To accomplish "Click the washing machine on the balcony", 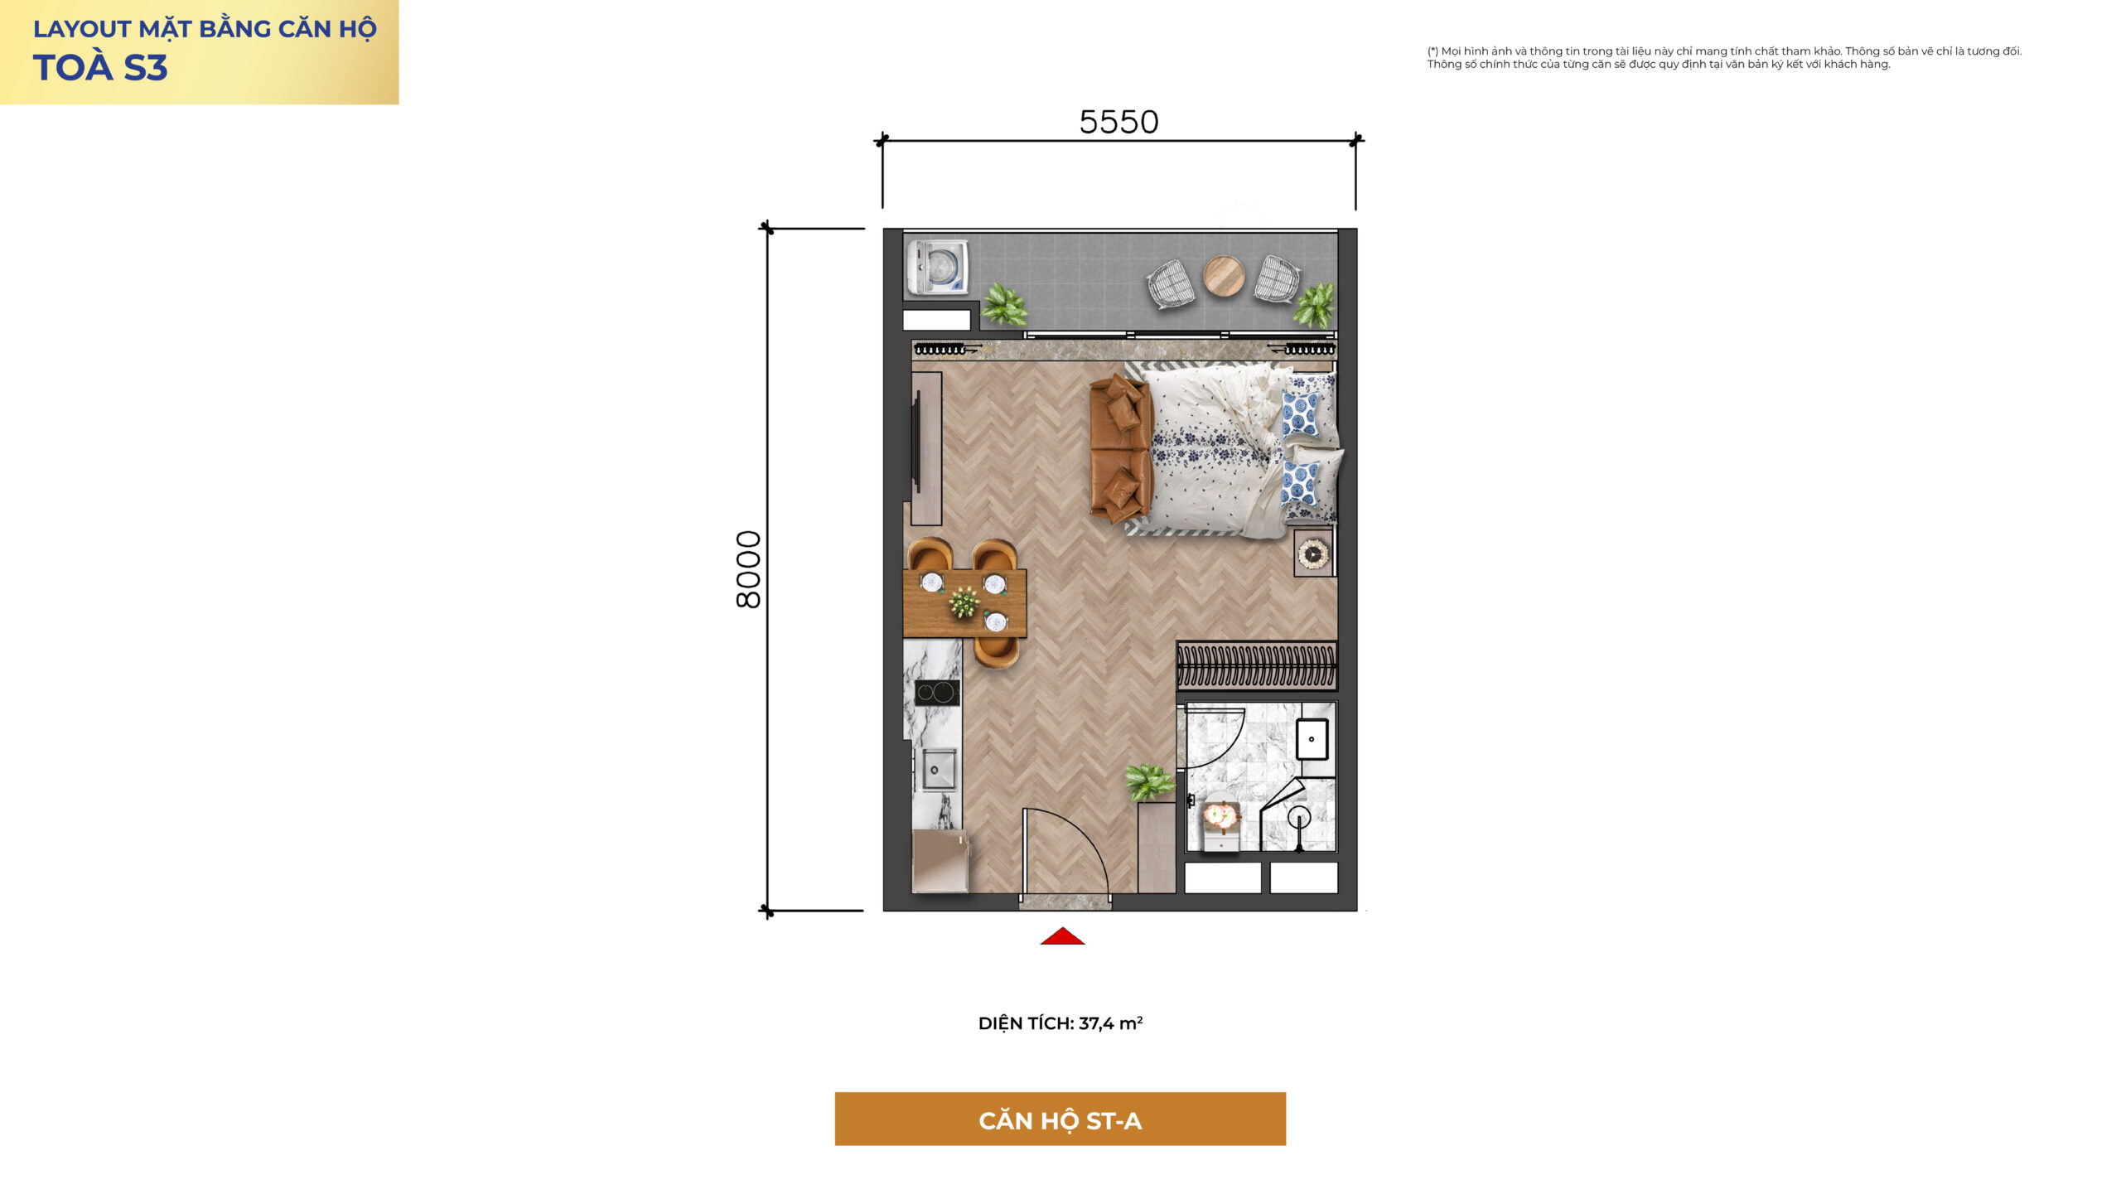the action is click(x=937, y=267).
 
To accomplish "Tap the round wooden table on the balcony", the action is click(x=1224, y=275).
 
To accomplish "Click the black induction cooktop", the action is click(x=937, y=692).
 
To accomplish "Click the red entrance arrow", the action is click(x=1062, y=936).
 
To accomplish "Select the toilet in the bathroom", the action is click(x=1219, y=821).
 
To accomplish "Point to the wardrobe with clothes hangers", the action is click(x=1257, y=665).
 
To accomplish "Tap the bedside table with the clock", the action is click(x=1314, y=553).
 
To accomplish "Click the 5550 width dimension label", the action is click(x=1118, y=122).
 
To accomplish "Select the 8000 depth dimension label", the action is click(x=748, y=570).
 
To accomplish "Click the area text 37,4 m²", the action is click(x=1111, y=1023).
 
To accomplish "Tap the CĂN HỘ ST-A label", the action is click(x=1060, y=1121).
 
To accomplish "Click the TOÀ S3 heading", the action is click(x=100, y=68).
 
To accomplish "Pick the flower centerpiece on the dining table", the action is click(x=964, y=602).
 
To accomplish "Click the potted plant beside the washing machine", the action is click(x=1004, y=304).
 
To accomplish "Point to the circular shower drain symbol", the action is click(x=1298, y=817).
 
